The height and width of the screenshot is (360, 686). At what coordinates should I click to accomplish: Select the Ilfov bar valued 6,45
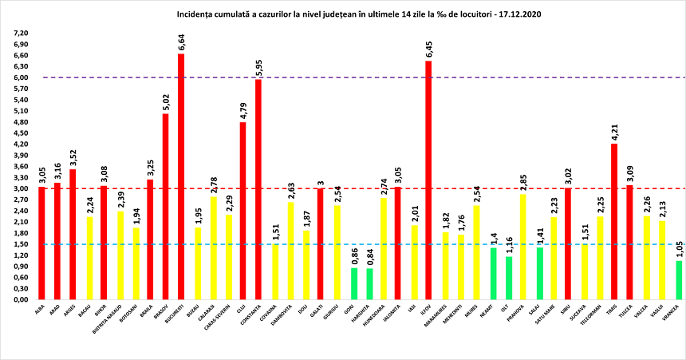[x=428, y=180]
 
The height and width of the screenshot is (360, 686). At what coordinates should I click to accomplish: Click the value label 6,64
[x=181, y=42]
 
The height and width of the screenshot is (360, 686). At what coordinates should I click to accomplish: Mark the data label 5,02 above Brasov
[x=166, y=101]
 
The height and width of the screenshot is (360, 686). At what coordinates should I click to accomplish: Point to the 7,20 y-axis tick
[x=18, y=34]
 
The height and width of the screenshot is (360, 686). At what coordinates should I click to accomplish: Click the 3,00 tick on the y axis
[x=18, y=189]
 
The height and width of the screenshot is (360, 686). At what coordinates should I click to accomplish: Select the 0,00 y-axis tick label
[x=18, y=299]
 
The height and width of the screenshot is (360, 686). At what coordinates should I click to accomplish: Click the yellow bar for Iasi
[x=413, y=263]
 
